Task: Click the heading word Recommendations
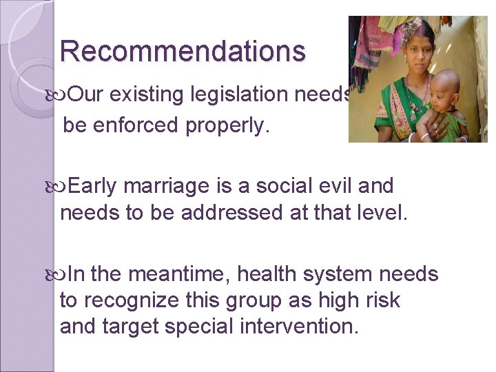(x=183, y=52)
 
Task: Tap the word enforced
(x=141, y=126)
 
